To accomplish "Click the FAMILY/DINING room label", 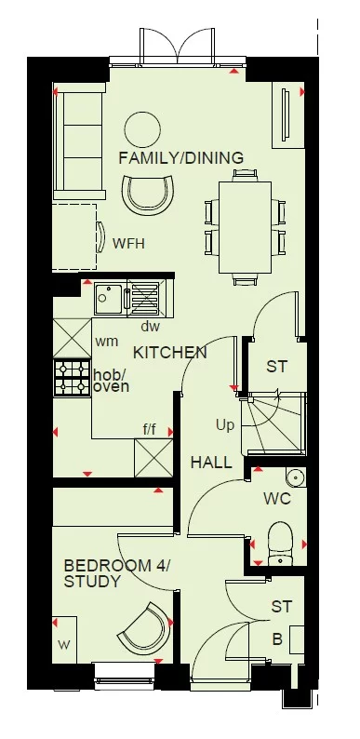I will [x=180, y=158].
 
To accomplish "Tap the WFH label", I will [x=127, y=244].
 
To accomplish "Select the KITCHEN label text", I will [x=169, y=353].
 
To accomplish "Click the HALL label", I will [x=212, y=462].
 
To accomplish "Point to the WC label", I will [x=277, y=499].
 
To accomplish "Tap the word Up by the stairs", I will [x=225, y=424].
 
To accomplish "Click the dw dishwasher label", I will [x=151, y=327].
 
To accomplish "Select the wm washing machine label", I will [x=107, y=342].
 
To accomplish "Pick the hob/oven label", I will [x=111, y=381].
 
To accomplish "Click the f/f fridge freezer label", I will [x=149, y=429].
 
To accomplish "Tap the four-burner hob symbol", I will [x=72, y=377].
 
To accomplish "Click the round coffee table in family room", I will [x=143, y=128].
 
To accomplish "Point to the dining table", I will [x=246, y=226].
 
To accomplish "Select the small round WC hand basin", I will [x=296, y=477].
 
